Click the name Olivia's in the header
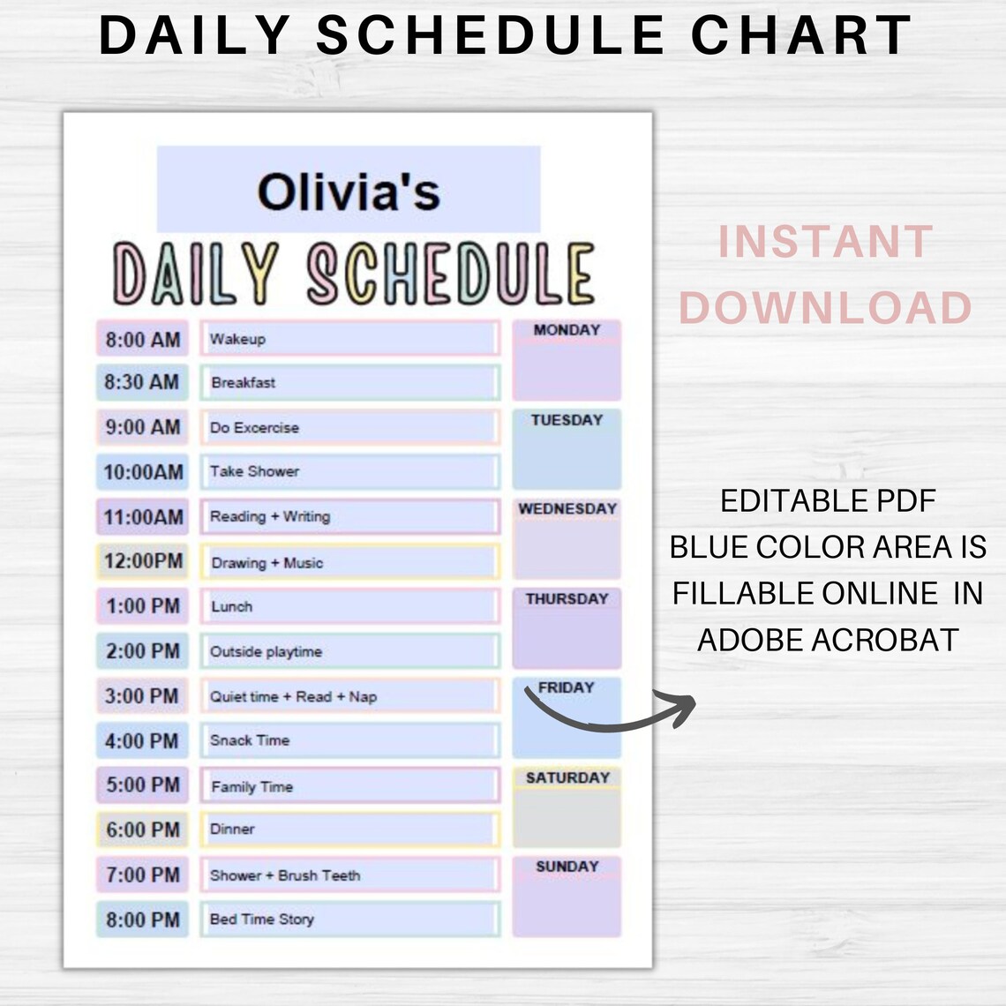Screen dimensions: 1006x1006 349,191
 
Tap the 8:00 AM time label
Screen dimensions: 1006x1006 142,340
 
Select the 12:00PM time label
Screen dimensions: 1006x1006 143,561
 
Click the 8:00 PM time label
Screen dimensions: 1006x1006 142,920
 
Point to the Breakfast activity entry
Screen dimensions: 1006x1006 244,383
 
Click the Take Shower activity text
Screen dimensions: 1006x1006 254,471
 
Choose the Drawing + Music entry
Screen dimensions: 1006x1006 267,563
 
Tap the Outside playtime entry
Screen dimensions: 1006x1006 266,652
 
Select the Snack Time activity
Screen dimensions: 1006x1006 250,740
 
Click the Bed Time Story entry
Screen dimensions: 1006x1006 262,920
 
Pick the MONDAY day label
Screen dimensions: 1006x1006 567,330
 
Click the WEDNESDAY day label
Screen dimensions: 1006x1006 567,509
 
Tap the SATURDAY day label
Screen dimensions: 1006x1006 567,777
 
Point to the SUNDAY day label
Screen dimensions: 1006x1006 567,867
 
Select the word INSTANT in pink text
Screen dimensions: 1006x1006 825,243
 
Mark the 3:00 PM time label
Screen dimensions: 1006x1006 142,696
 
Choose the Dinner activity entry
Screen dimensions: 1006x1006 232,830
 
